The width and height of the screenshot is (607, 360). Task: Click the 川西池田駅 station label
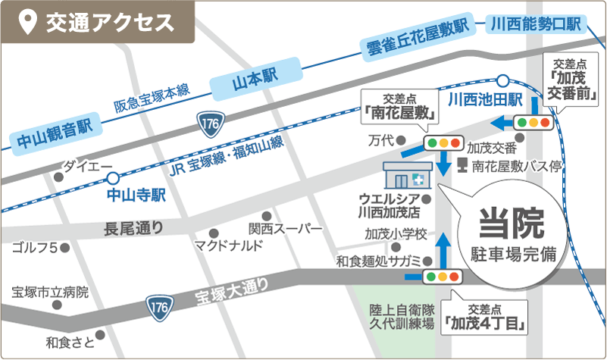486,99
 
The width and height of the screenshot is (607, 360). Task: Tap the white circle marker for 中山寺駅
113,179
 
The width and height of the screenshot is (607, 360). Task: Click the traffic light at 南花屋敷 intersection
443,142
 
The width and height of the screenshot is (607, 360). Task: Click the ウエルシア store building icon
407,177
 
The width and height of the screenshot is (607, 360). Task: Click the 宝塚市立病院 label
51,293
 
